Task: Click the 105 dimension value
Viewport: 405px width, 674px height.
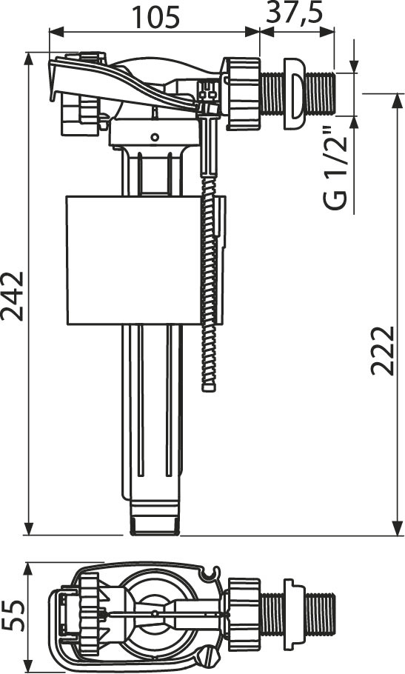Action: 155,18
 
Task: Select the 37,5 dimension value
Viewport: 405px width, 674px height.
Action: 294,14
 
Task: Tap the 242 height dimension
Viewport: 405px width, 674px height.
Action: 12,296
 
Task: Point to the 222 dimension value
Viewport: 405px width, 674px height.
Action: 382,351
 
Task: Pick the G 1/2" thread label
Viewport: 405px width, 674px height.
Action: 335,168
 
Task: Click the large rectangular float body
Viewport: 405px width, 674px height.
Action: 134,260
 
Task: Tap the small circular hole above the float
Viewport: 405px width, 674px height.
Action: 155,137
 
